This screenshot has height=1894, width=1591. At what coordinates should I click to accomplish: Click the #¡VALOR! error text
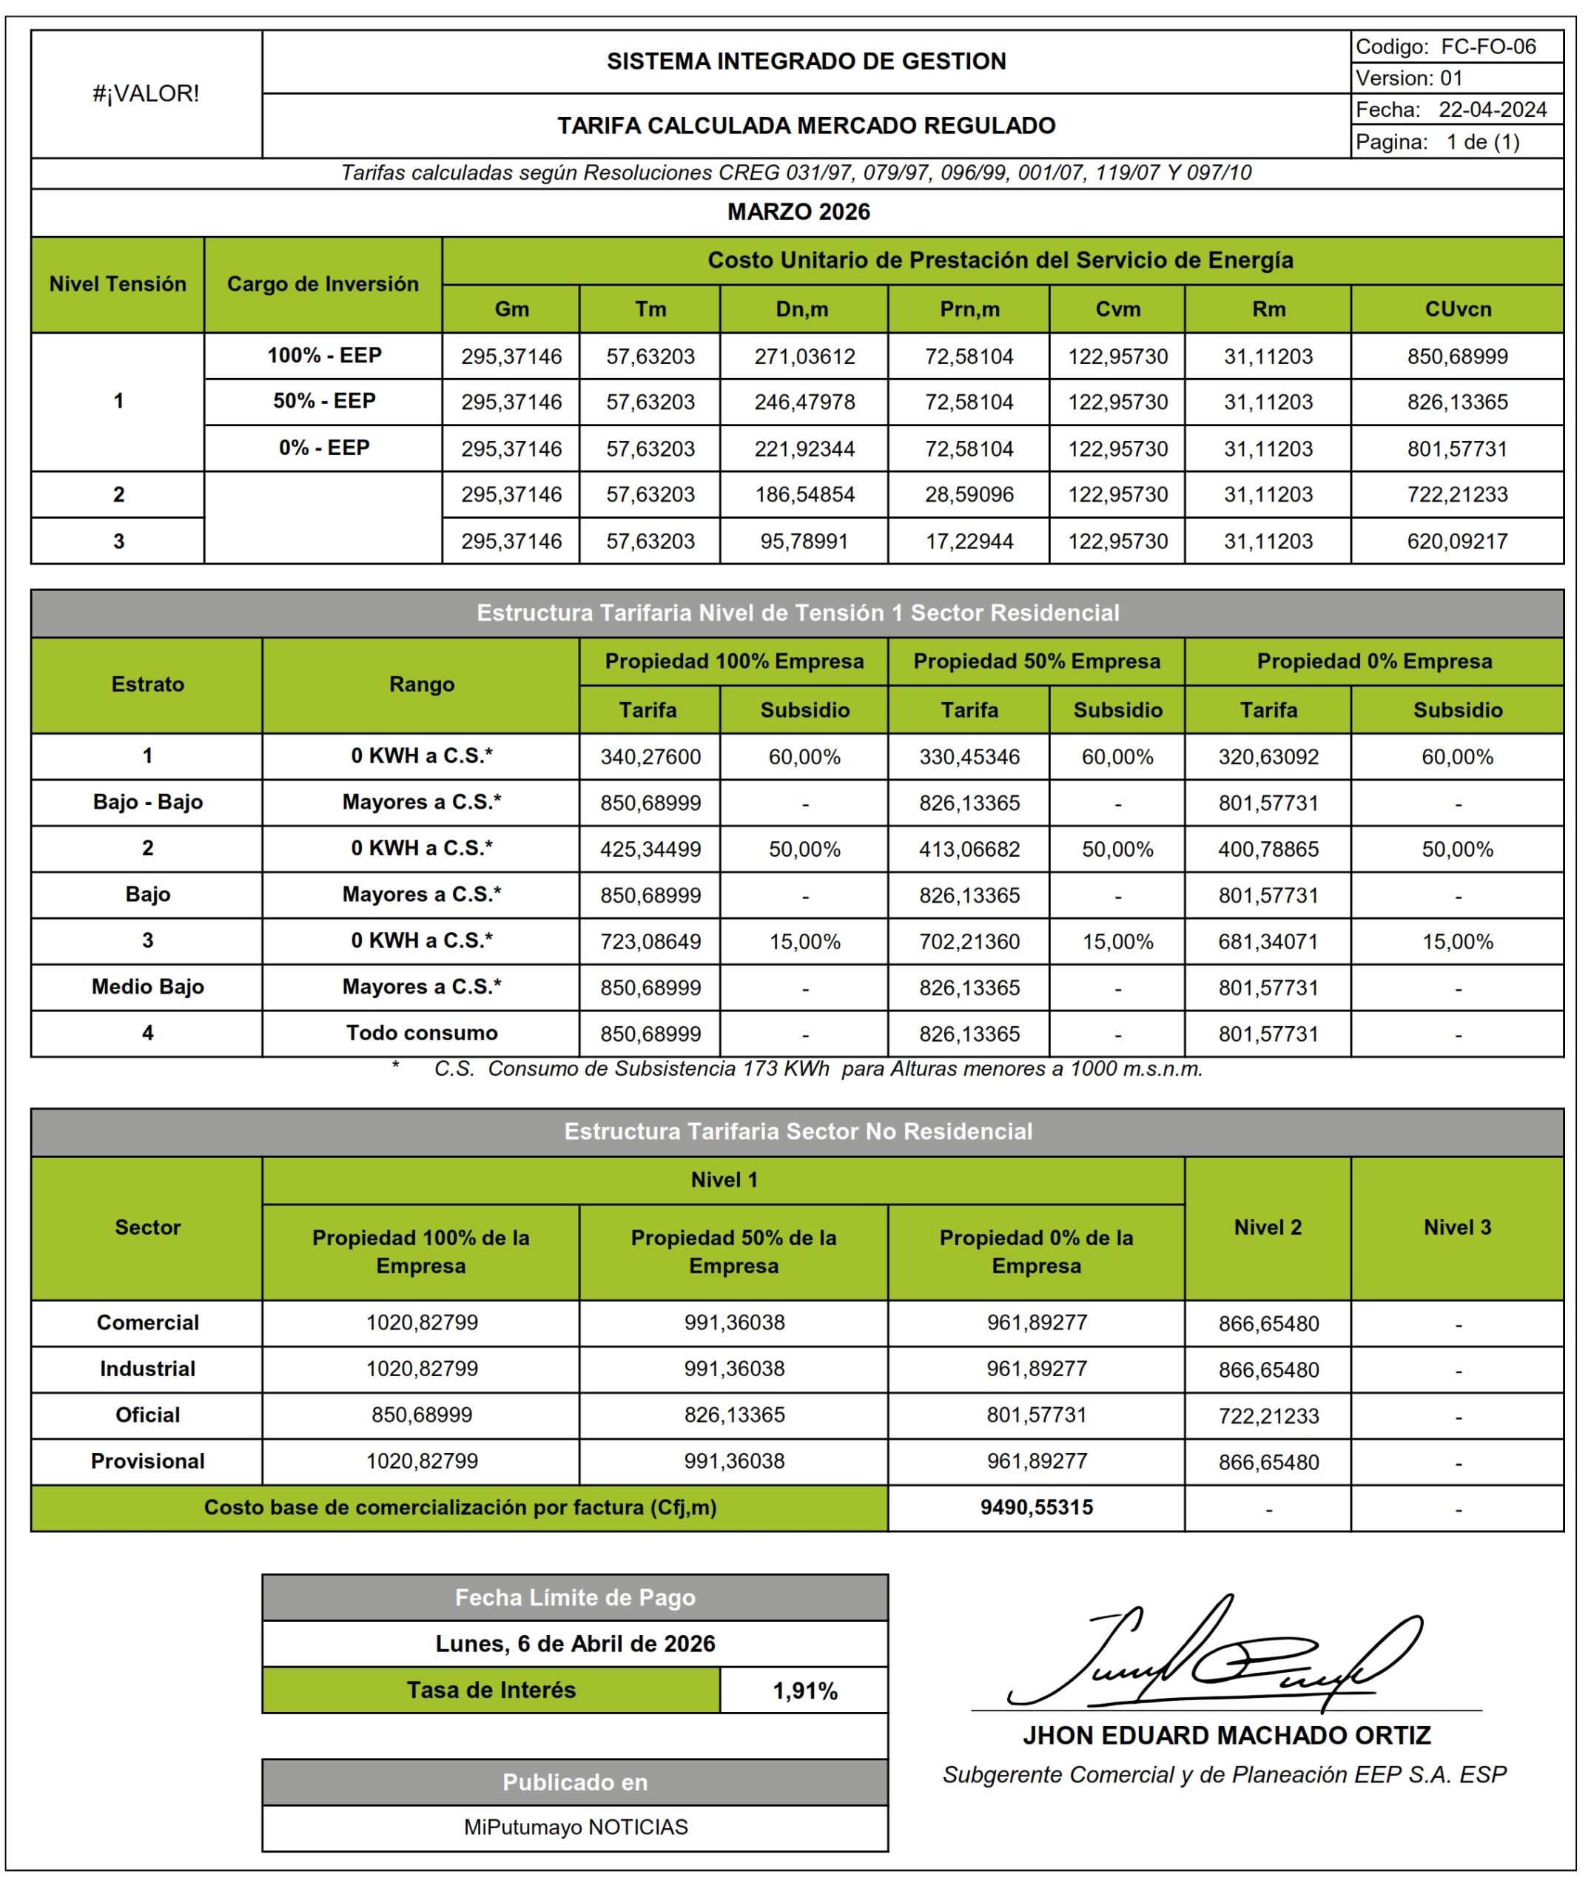point(146,94)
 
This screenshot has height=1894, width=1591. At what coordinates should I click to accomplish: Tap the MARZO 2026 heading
point(798,212)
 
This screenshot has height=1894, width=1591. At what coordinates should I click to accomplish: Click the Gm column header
point(511,309)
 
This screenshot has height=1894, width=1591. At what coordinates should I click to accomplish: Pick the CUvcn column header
point(1458,309)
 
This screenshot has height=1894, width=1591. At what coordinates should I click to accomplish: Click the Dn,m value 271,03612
point(804,357)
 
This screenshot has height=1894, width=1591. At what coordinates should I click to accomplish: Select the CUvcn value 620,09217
point(1458,541)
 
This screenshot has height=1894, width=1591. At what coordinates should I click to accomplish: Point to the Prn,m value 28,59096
point(969,494)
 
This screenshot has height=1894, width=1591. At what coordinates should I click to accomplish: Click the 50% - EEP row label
point(324,401)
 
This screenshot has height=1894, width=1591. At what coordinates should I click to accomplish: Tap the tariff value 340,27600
point(650,757)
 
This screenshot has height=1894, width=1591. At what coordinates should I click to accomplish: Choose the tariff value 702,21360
point(969,942)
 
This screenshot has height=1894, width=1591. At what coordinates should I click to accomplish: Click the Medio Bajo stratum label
point(148,987)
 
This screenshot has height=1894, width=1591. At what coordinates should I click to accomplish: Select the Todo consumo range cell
point(421,1033)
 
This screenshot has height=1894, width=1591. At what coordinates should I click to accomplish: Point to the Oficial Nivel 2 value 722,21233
point(1268,1416)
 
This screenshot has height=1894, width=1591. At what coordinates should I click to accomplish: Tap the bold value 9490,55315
point(1036,1507)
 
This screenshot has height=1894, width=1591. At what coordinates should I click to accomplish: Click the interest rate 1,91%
point(804,1691)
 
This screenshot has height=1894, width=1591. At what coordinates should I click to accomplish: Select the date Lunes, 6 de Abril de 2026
point(576,1643)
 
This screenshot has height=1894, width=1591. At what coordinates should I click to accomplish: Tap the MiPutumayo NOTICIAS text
point(576,1827)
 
